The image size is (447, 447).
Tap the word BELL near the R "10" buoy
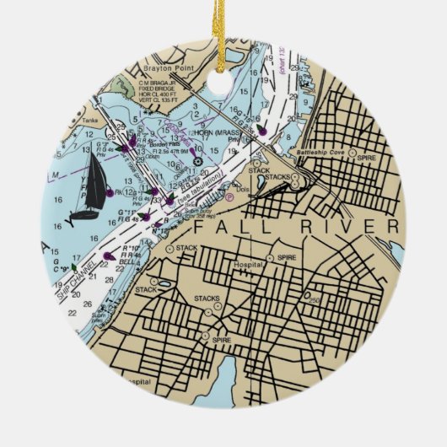(x=129, y=264)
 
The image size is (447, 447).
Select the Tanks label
(x=90, y=132)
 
